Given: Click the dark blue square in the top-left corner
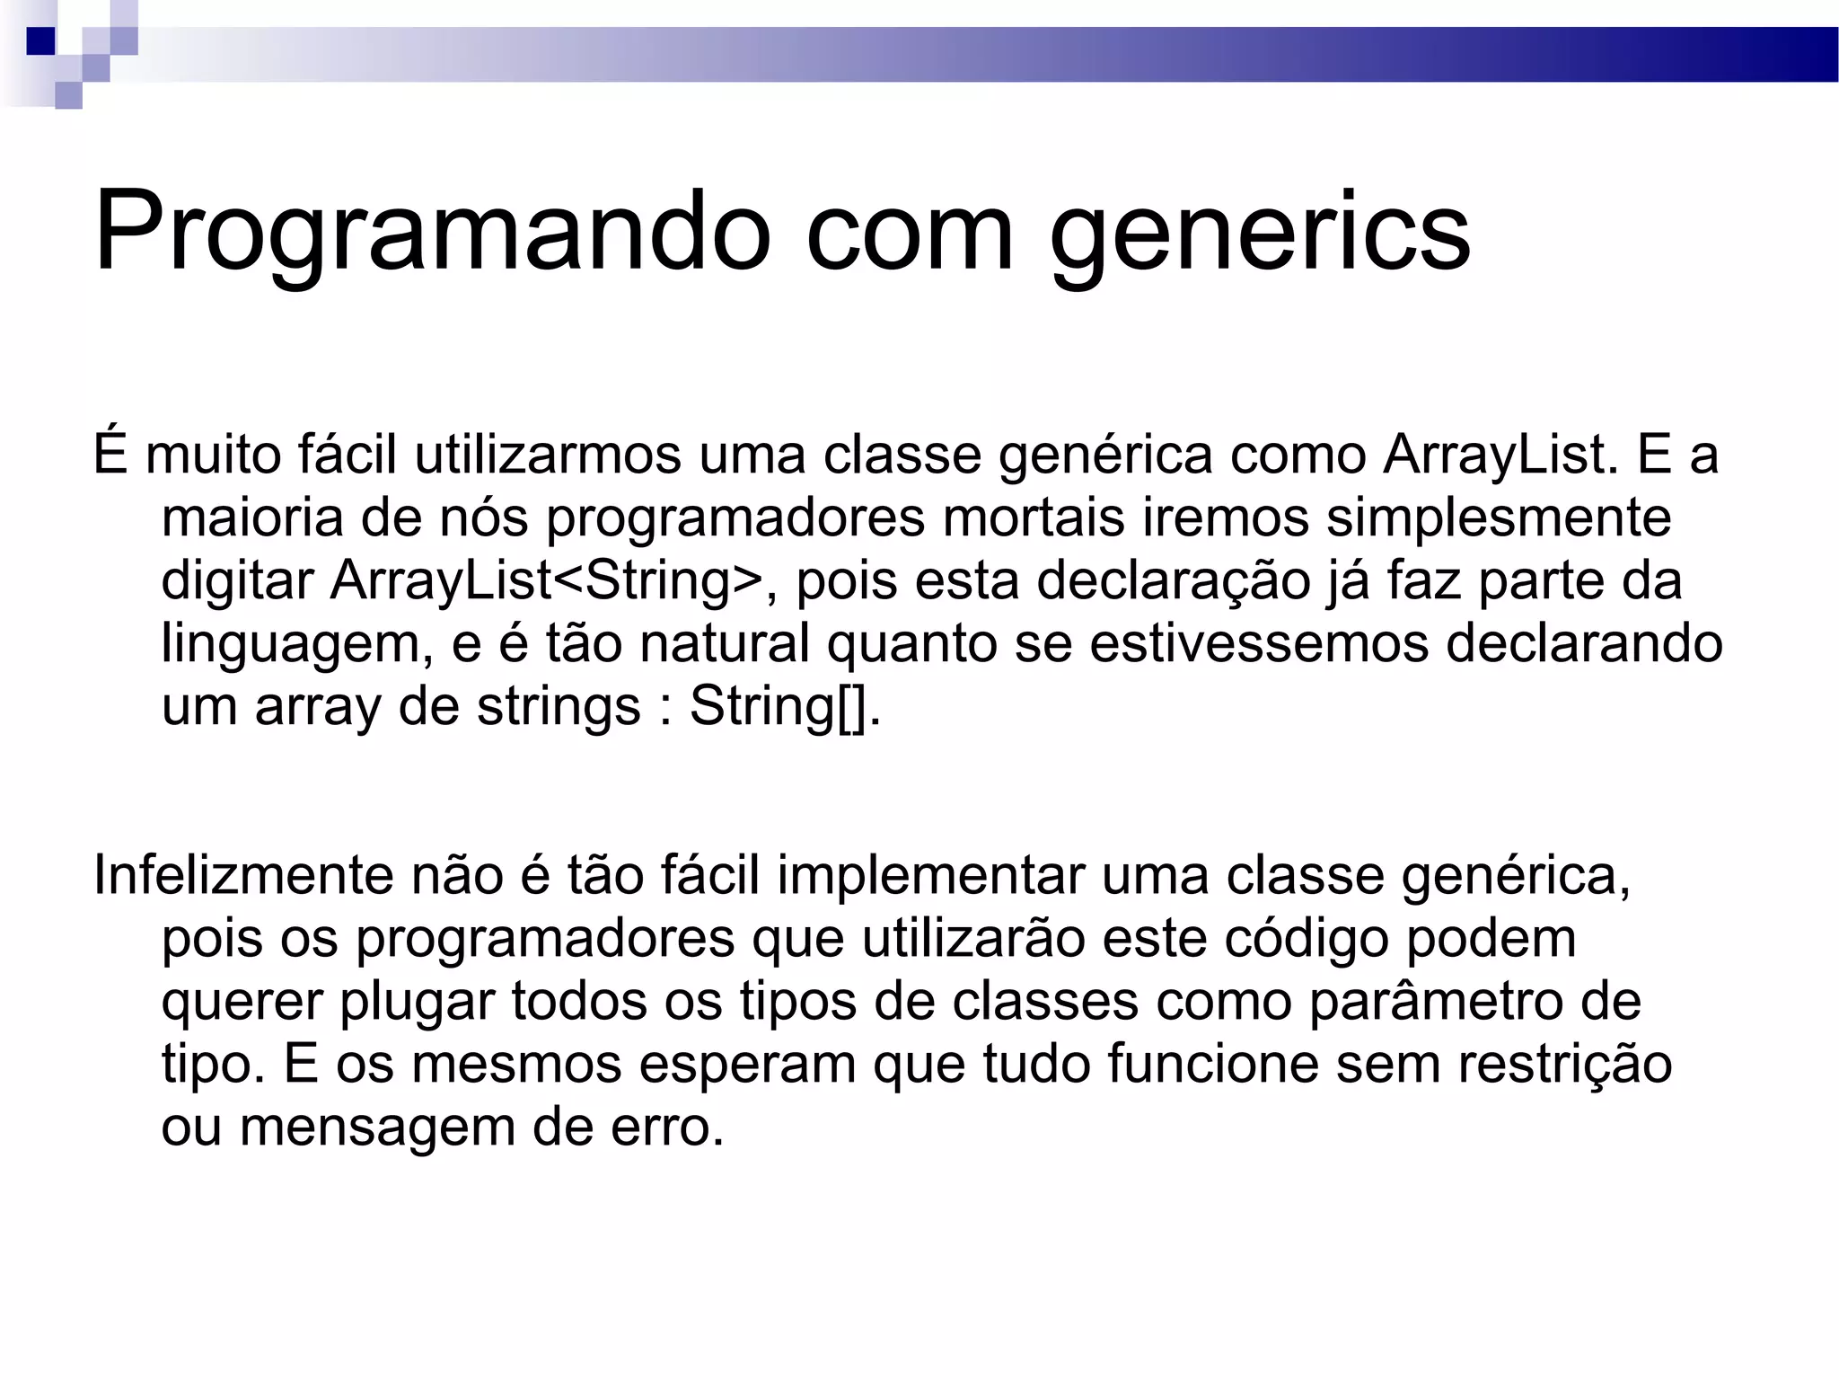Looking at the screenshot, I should (x=40, y=41).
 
